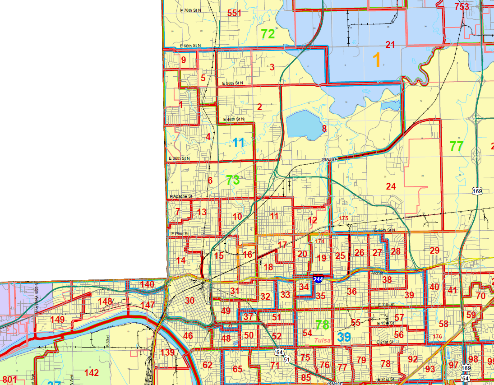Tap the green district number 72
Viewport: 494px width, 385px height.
point(268,33)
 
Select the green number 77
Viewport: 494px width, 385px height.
point(456,146)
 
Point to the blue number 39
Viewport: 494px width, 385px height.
point(344,337)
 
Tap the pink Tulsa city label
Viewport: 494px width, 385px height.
point(323,340)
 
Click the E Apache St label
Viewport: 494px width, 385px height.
point(181,197)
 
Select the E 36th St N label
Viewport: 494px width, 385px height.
point(179,158)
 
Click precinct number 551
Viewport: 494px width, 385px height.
point(234,13)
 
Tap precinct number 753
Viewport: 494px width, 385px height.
point(462,7)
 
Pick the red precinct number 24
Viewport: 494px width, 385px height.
point(391,186)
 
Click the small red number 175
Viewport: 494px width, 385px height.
point(344,219)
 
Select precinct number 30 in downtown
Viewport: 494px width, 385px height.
point(189,301)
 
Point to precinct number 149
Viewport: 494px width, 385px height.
point(57,320)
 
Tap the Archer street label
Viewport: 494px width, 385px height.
point(376,273)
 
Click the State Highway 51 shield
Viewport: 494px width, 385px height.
point(287,359)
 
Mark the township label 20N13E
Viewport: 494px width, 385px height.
point(329,160)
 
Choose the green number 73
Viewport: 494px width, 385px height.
point(233,181)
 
